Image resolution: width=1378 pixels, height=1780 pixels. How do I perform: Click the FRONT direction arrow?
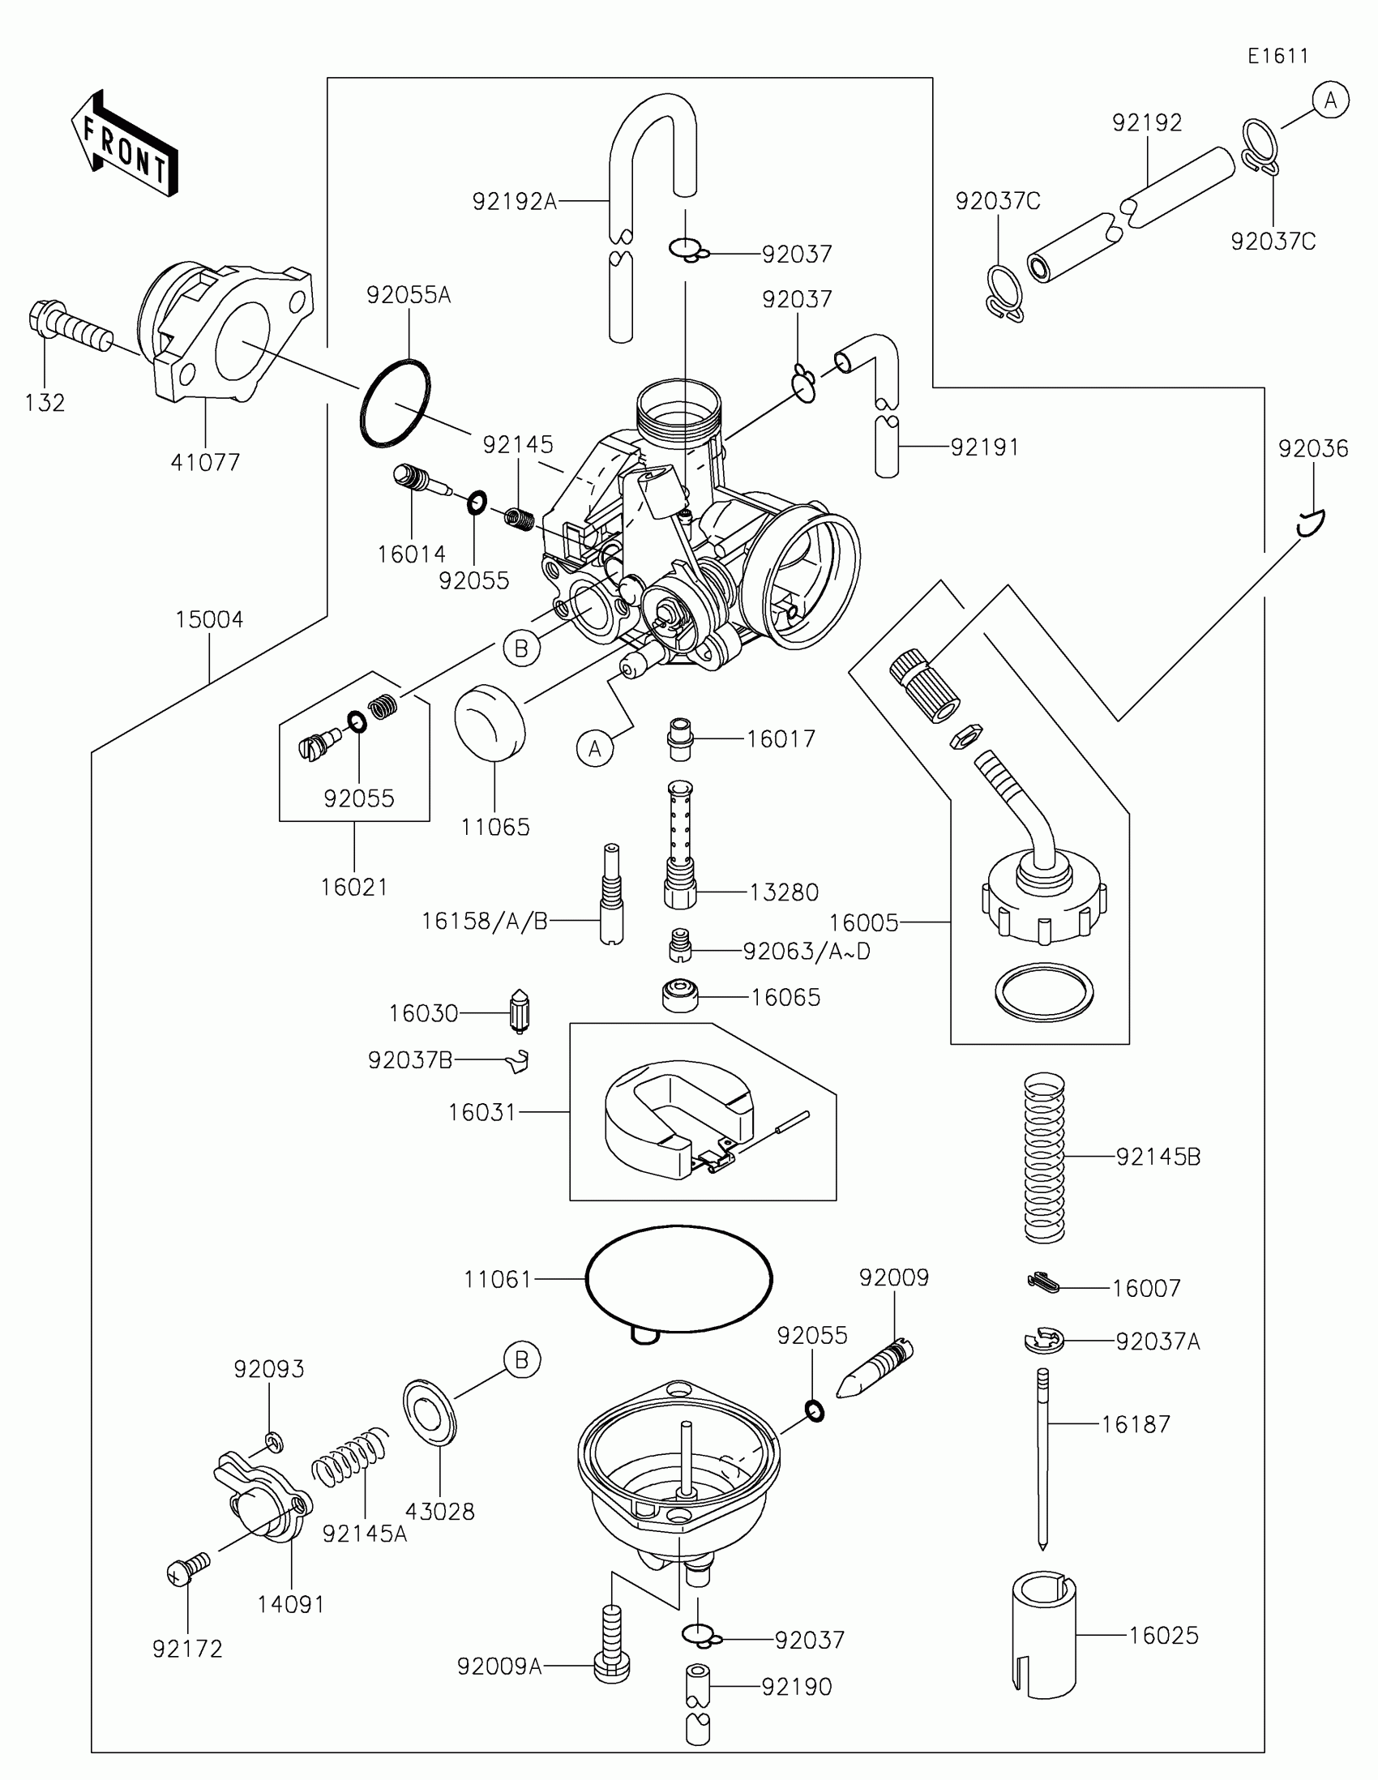125,143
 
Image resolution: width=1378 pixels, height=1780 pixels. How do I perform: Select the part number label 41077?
205,462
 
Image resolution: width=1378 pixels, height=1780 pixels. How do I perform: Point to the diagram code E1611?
1277,56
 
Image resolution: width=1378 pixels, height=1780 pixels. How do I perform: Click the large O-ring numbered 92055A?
395,403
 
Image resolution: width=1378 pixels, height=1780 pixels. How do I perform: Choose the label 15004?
209,619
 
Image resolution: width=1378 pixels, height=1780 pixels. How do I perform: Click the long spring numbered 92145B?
1044,1157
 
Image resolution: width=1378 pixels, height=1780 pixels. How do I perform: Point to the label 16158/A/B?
484,921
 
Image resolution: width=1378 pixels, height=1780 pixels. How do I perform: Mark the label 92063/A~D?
807,951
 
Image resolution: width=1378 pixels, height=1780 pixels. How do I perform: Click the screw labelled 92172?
187,1568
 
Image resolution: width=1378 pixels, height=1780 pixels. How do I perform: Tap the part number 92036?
1313,448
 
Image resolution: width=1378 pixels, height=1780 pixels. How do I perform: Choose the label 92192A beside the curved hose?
514,201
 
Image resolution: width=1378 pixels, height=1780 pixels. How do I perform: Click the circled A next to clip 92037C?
1331,101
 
